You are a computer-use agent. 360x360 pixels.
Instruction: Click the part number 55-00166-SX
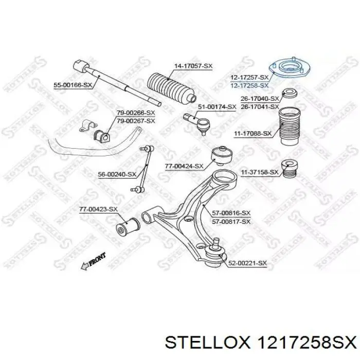pyautogui.click(x=73, y=85)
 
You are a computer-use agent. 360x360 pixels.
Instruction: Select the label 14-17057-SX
pyautogui.click(x=193, y=66)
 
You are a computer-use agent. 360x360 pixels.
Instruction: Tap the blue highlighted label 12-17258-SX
pyautogui.click(x=249, y=86)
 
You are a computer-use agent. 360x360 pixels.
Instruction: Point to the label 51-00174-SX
pyautogui.click(x=217, y=107)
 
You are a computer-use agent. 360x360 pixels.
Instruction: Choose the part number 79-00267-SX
pyautogui.click(x=136, y=121)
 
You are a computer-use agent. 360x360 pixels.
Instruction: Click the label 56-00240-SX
pyautogui.click(x=117, y=174)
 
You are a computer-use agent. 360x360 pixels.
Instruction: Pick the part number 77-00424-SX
pyautogui.click(x=184, y=166)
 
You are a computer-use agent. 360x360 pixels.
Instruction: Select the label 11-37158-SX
pyautogui.click(x=259, y=172)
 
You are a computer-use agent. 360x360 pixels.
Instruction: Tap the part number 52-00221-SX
pyautogui.click(x=247, y=263)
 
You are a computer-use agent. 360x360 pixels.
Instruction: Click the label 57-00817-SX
pyautogui.click(x=231, y=222)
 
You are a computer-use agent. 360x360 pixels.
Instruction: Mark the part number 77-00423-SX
pyautogui.click(x=99, y=209)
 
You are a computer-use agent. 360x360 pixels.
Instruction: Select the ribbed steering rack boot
pyautogui.click(x=171, y=88)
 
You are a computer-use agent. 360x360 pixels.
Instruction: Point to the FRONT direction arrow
pyautogui.click(x=93, y=261)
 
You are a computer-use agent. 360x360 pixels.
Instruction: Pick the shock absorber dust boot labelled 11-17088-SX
pyautogui.click(x=289, y=126)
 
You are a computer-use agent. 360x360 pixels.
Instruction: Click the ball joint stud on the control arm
pyautogui.click(x=217, y=243)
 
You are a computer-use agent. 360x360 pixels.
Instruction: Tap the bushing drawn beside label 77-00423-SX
pyautogui.click(x=128, y=227)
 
